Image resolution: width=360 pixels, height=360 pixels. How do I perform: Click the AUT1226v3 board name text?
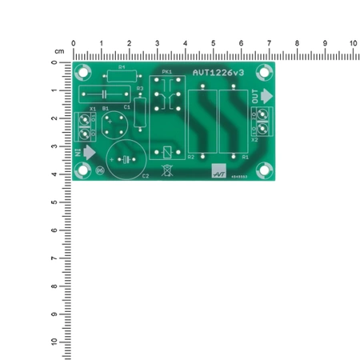[x=218, y=73]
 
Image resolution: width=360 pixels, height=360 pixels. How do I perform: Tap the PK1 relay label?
[x=166, y=73]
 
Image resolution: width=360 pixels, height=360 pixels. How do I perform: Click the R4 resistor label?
[x=122, y=68]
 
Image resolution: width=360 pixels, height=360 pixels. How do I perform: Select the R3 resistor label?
[x=140, y=88]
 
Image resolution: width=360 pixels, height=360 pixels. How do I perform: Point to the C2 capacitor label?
[x=145, y=176]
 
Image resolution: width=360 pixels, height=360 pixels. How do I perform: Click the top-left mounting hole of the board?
[x=83, y=70]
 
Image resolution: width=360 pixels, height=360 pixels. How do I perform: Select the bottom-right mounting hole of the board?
[x=265, y=170]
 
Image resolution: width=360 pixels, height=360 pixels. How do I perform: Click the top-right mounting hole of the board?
[x=265, y=70]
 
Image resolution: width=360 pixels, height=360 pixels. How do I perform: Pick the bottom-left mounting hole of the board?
[x=83, y=170]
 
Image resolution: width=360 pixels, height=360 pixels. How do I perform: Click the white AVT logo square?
[x=218, y=170]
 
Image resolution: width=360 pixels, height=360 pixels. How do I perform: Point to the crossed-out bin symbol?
[x=166, y=170]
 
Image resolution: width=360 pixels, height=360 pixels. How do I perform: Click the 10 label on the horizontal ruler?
[x=353, y=43]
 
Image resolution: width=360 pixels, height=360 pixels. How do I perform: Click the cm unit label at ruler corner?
[x=58, y=50]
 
